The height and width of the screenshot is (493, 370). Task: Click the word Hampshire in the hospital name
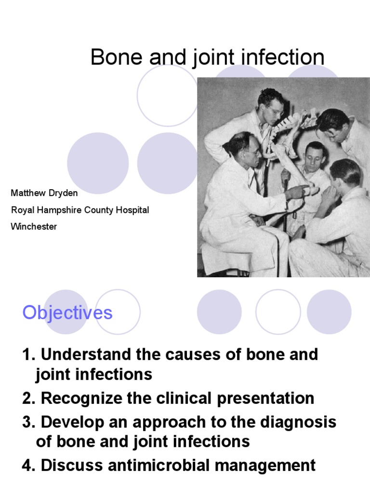click(60, 210)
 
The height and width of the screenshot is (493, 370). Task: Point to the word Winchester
click(34, 226)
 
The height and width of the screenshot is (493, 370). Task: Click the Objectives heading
click(67, 313)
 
